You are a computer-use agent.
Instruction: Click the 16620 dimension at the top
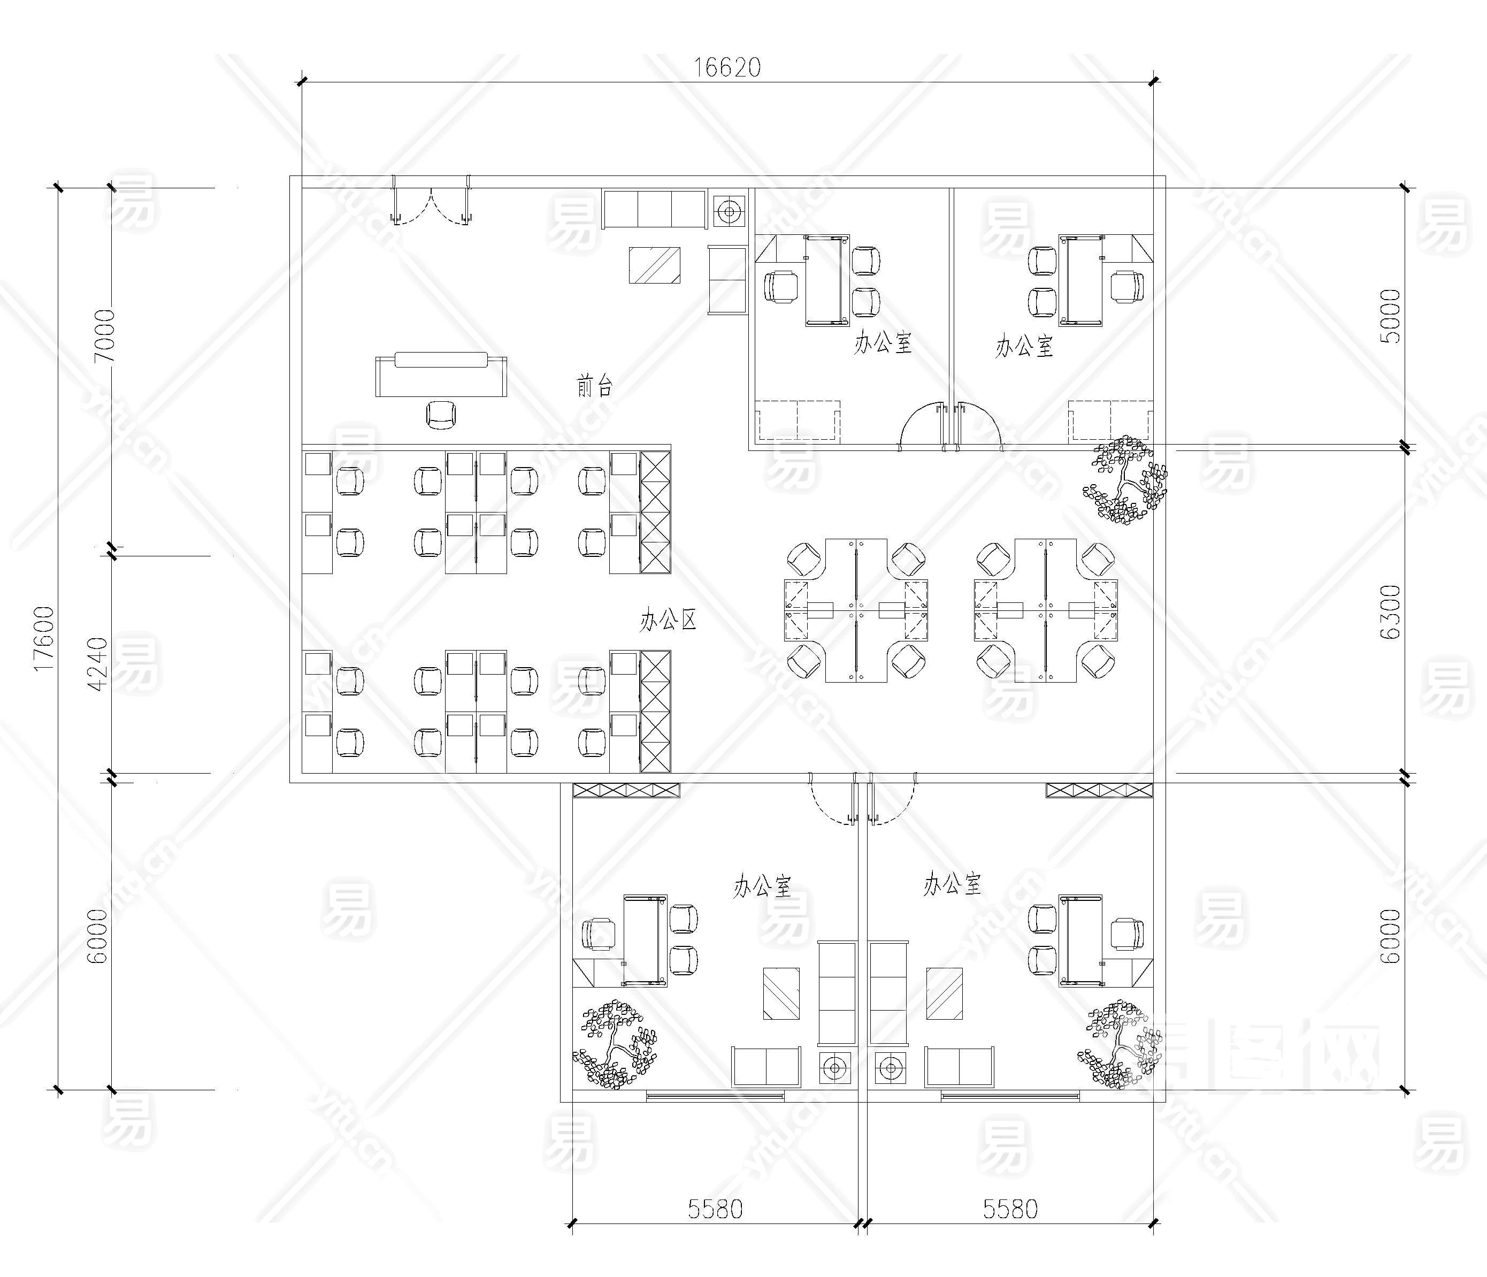point(727,67)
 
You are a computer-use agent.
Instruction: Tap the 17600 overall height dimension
point(44,638)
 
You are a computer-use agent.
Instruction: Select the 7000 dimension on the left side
point(105,336)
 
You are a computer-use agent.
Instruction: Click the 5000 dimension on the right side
point(1390,317)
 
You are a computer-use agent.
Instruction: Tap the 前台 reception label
point(595,386)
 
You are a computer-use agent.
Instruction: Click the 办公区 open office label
point(668,620)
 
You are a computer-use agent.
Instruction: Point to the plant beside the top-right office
point(1124,479)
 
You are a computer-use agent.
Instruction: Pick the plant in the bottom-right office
point(1119,1044)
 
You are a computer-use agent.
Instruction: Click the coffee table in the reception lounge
point(655,265)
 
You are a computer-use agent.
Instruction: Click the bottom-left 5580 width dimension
point(715,1210)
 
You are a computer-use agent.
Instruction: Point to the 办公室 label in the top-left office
point(883,342)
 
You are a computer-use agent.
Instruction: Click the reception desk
point(441,374)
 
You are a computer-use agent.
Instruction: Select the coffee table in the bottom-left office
point(781,993)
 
